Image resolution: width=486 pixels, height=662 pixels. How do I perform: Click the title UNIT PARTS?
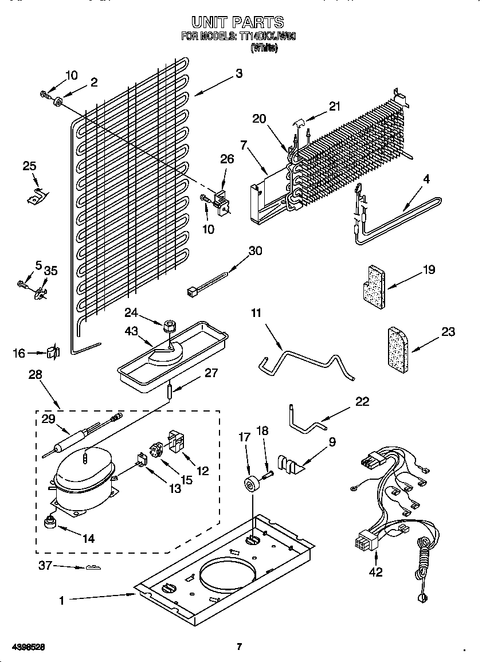[237, 22]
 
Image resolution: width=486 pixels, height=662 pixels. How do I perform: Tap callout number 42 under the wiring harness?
[375, 571]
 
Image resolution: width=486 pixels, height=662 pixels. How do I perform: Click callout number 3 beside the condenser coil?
[238, 73]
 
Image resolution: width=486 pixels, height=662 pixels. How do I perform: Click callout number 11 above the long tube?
[256, 312]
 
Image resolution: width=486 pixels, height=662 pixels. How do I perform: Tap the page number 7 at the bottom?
[239, 647]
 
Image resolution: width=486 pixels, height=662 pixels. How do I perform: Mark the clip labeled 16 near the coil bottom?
[53, 352]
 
